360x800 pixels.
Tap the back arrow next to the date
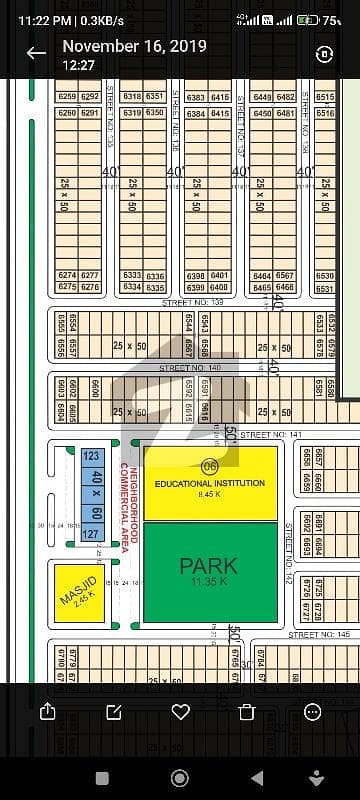pyautogui.click(x=36, y=53)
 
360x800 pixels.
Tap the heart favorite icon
pyautogui.click(x=180, y=711)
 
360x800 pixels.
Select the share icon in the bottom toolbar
pyautogui.click(x=47, y=711)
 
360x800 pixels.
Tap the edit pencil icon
pyautogui.click(x=114, y=711)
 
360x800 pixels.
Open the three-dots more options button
pyautogui.click(x=314, y=711)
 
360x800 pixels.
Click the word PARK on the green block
pyautogui.click(x=208, y=566)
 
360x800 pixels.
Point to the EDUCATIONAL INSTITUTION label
pyautogui.click(x=210, y=483)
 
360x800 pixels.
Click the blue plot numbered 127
pyautogui.click(x=91, y=533)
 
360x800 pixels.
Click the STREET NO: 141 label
pyautogui.click(x=270, y=435)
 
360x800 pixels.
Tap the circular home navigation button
pyautogui.click(x=180, y=778)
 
